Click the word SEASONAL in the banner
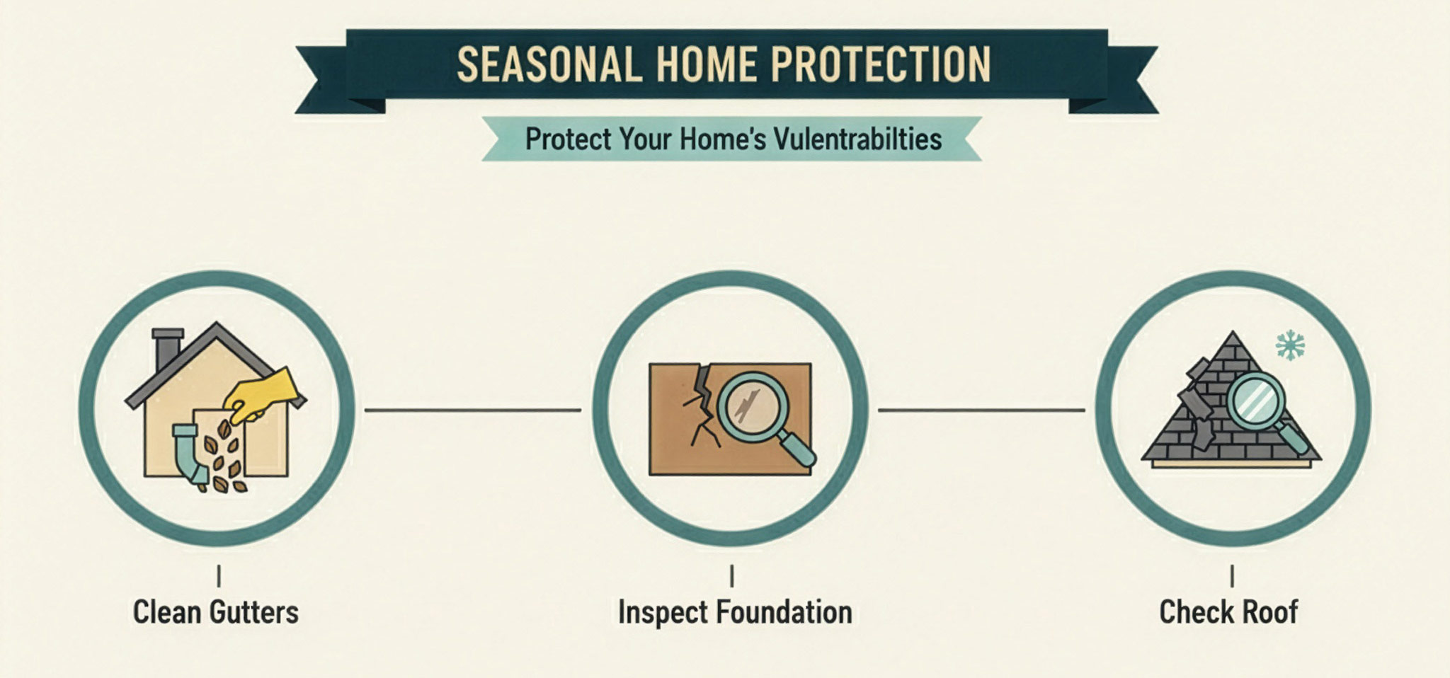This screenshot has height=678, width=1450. pos(549,65)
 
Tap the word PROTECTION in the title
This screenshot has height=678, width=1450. pos(881,65)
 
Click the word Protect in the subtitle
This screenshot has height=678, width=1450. pos(568,139)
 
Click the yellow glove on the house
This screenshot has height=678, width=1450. pos(261,394)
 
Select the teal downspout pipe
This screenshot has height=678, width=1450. pos(190,454)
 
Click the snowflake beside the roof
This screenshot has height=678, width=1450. pos(1290,345)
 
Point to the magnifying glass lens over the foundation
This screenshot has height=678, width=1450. pos(752,407)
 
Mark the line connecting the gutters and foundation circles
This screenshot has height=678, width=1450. pos(473,410)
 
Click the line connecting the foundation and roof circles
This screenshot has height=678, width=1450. pos(981,410)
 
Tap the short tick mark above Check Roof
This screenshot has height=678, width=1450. pos(1233,576)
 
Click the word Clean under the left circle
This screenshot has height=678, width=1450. pos(166,612)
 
